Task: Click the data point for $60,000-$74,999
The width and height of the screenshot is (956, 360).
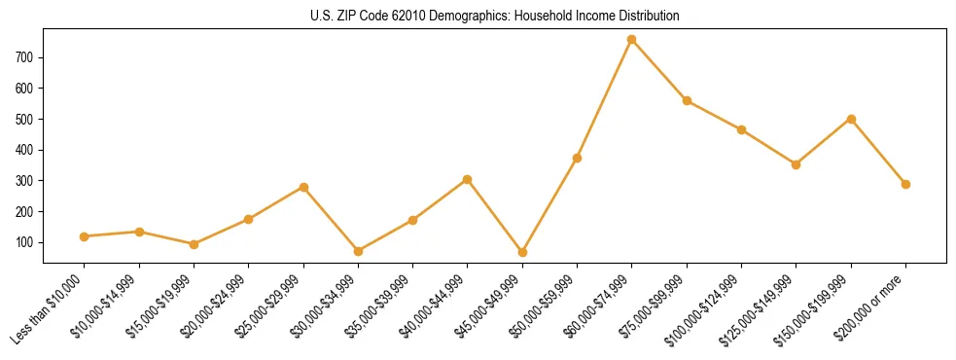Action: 632,40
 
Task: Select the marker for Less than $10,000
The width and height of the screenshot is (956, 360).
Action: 85,236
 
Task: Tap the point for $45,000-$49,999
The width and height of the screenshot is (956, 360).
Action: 522,252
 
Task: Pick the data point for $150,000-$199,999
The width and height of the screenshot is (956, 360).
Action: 851,119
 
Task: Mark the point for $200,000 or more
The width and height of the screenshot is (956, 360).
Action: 905,184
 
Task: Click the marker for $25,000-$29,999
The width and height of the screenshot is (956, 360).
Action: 303,187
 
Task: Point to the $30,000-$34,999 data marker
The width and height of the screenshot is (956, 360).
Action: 358,251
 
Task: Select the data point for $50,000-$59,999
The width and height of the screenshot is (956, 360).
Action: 577,158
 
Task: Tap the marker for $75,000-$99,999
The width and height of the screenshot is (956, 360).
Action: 687,100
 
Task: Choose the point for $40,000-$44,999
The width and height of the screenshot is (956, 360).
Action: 468,179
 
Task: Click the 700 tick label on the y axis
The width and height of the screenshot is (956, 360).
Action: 25,57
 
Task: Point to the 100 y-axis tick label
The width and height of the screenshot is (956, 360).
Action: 25,242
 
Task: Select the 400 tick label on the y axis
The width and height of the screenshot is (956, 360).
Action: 25,150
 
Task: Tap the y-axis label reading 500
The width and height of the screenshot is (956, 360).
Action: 25,119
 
